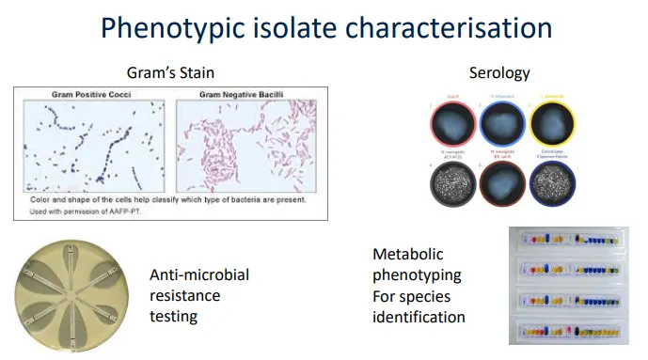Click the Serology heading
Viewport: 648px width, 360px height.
coord(498,71)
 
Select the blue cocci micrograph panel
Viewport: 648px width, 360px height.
coord(93,145)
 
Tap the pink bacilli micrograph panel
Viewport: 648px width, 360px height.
coord(248,145)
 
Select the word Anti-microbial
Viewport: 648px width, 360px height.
coord(199,274)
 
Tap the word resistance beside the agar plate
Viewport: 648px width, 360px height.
coord(185,295)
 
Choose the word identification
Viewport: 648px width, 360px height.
coord(419,317)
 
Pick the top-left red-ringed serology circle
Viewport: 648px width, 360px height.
coord(453,126)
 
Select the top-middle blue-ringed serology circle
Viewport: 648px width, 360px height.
coord(501,126)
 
